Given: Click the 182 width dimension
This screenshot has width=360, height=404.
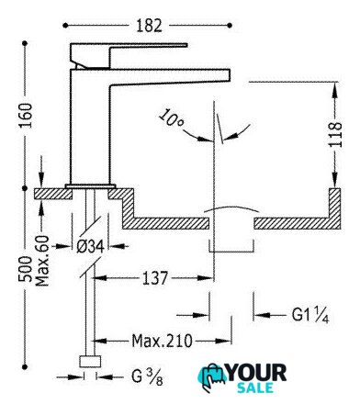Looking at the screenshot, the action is click(149, 26).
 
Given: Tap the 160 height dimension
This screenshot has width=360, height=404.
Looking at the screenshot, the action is click(26, 116).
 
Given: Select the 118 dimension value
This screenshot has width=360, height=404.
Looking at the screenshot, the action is click(335, 135).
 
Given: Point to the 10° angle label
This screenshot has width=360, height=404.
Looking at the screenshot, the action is click(172, 118).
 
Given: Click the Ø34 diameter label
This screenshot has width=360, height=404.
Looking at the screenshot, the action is click(90, 246).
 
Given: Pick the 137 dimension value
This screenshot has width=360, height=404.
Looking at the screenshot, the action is click(155, 278).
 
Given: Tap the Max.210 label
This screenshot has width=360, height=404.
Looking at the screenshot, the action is click(163, 341).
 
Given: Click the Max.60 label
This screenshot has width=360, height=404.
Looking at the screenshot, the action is click(42, 261).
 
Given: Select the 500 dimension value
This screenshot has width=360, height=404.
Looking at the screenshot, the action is click(25, 269).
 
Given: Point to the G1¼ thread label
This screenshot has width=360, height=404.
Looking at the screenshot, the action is click(310, 315).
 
